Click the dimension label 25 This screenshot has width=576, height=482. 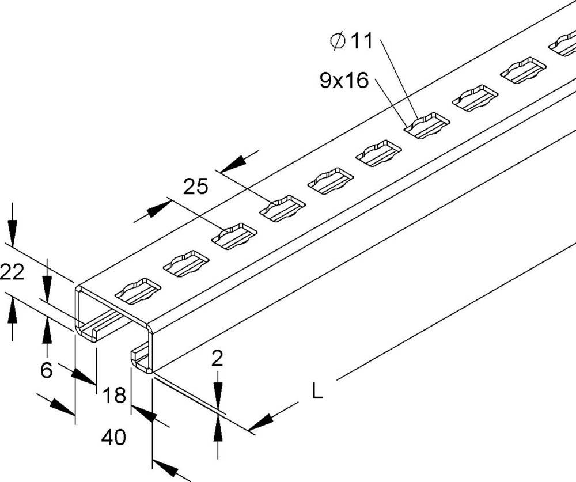(x=195, y=187)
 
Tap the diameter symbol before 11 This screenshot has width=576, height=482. (x=339, y=41)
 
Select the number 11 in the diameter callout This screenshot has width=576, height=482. (x=361, y=41)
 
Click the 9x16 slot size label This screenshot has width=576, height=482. (x=344, y=81)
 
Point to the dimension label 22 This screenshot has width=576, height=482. (x=12, y=272)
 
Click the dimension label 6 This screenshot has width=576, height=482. (x=47, y=370)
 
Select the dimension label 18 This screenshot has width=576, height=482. (x=114, y=396)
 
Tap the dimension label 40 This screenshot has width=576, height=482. (x=113, y=438)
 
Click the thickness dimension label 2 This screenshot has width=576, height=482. (x=217, y=359)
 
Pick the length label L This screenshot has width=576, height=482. (x=317, y=392)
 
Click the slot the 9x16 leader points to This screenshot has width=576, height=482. (x=426, y=126)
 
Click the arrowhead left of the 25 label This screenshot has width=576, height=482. (x=156, y=211)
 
